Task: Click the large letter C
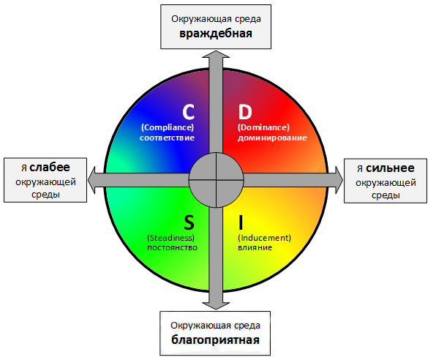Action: [188, 112]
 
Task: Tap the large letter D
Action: [245, 112]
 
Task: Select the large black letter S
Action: [189, 222]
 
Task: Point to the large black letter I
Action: [241, 222]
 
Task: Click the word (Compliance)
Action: [168, 127]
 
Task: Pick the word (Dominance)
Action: [263, 127]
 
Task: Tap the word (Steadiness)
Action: [170, 238]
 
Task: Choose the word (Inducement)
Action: [264, 238]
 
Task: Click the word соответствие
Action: [167, 138]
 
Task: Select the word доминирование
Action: [272, 138]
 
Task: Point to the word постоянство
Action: [172, 248]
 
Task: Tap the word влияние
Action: [255, 248]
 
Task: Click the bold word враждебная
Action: [216, 34]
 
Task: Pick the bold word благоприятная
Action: [215, 340]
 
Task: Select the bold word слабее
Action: [50, 168]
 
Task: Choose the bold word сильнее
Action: [390, 168]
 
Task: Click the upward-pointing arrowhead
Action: [216, 54]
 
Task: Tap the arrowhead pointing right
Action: [339, 180]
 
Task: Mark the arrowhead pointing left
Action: [91, 180]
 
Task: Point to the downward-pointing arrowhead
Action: [216, 306]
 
